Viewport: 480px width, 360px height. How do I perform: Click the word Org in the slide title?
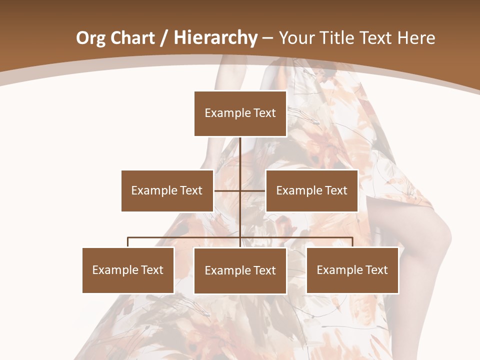coord(90,38)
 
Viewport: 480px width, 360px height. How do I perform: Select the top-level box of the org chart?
coord(240,113)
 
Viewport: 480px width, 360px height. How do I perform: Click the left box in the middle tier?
coord(167,190)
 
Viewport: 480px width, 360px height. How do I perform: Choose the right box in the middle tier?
coord(312,190)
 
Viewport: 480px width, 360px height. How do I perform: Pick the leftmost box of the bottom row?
coord(128,270)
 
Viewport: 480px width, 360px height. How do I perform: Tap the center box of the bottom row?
coord(240,270)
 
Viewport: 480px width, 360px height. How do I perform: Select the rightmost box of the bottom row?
coord(352,270)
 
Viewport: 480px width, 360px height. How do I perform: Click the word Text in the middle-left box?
coord(191,190)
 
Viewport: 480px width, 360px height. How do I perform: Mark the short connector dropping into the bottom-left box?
coord(128,242)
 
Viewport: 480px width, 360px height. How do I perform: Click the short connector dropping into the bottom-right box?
coord(352,242)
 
